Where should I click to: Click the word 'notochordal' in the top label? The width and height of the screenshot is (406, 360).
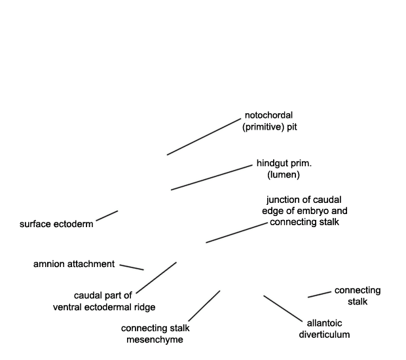[268, 115]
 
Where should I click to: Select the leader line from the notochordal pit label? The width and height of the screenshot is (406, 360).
[204, 137]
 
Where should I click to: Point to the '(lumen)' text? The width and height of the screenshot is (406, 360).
[284, 175]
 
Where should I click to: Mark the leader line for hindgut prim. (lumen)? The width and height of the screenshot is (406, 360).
[212, 177]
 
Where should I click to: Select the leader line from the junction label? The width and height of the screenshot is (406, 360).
[236, 232]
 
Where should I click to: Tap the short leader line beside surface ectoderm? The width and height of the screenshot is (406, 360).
[107, 216]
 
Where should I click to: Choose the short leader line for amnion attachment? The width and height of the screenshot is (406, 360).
[132, 267]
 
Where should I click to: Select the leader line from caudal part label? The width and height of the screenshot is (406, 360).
[156, 278]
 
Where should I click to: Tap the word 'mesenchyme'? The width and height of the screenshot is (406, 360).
[155, 340]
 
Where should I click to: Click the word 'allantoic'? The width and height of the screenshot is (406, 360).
[324, 323]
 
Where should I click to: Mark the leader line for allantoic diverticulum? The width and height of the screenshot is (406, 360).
[283, 309]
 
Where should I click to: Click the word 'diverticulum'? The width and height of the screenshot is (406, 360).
[324, 334]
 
